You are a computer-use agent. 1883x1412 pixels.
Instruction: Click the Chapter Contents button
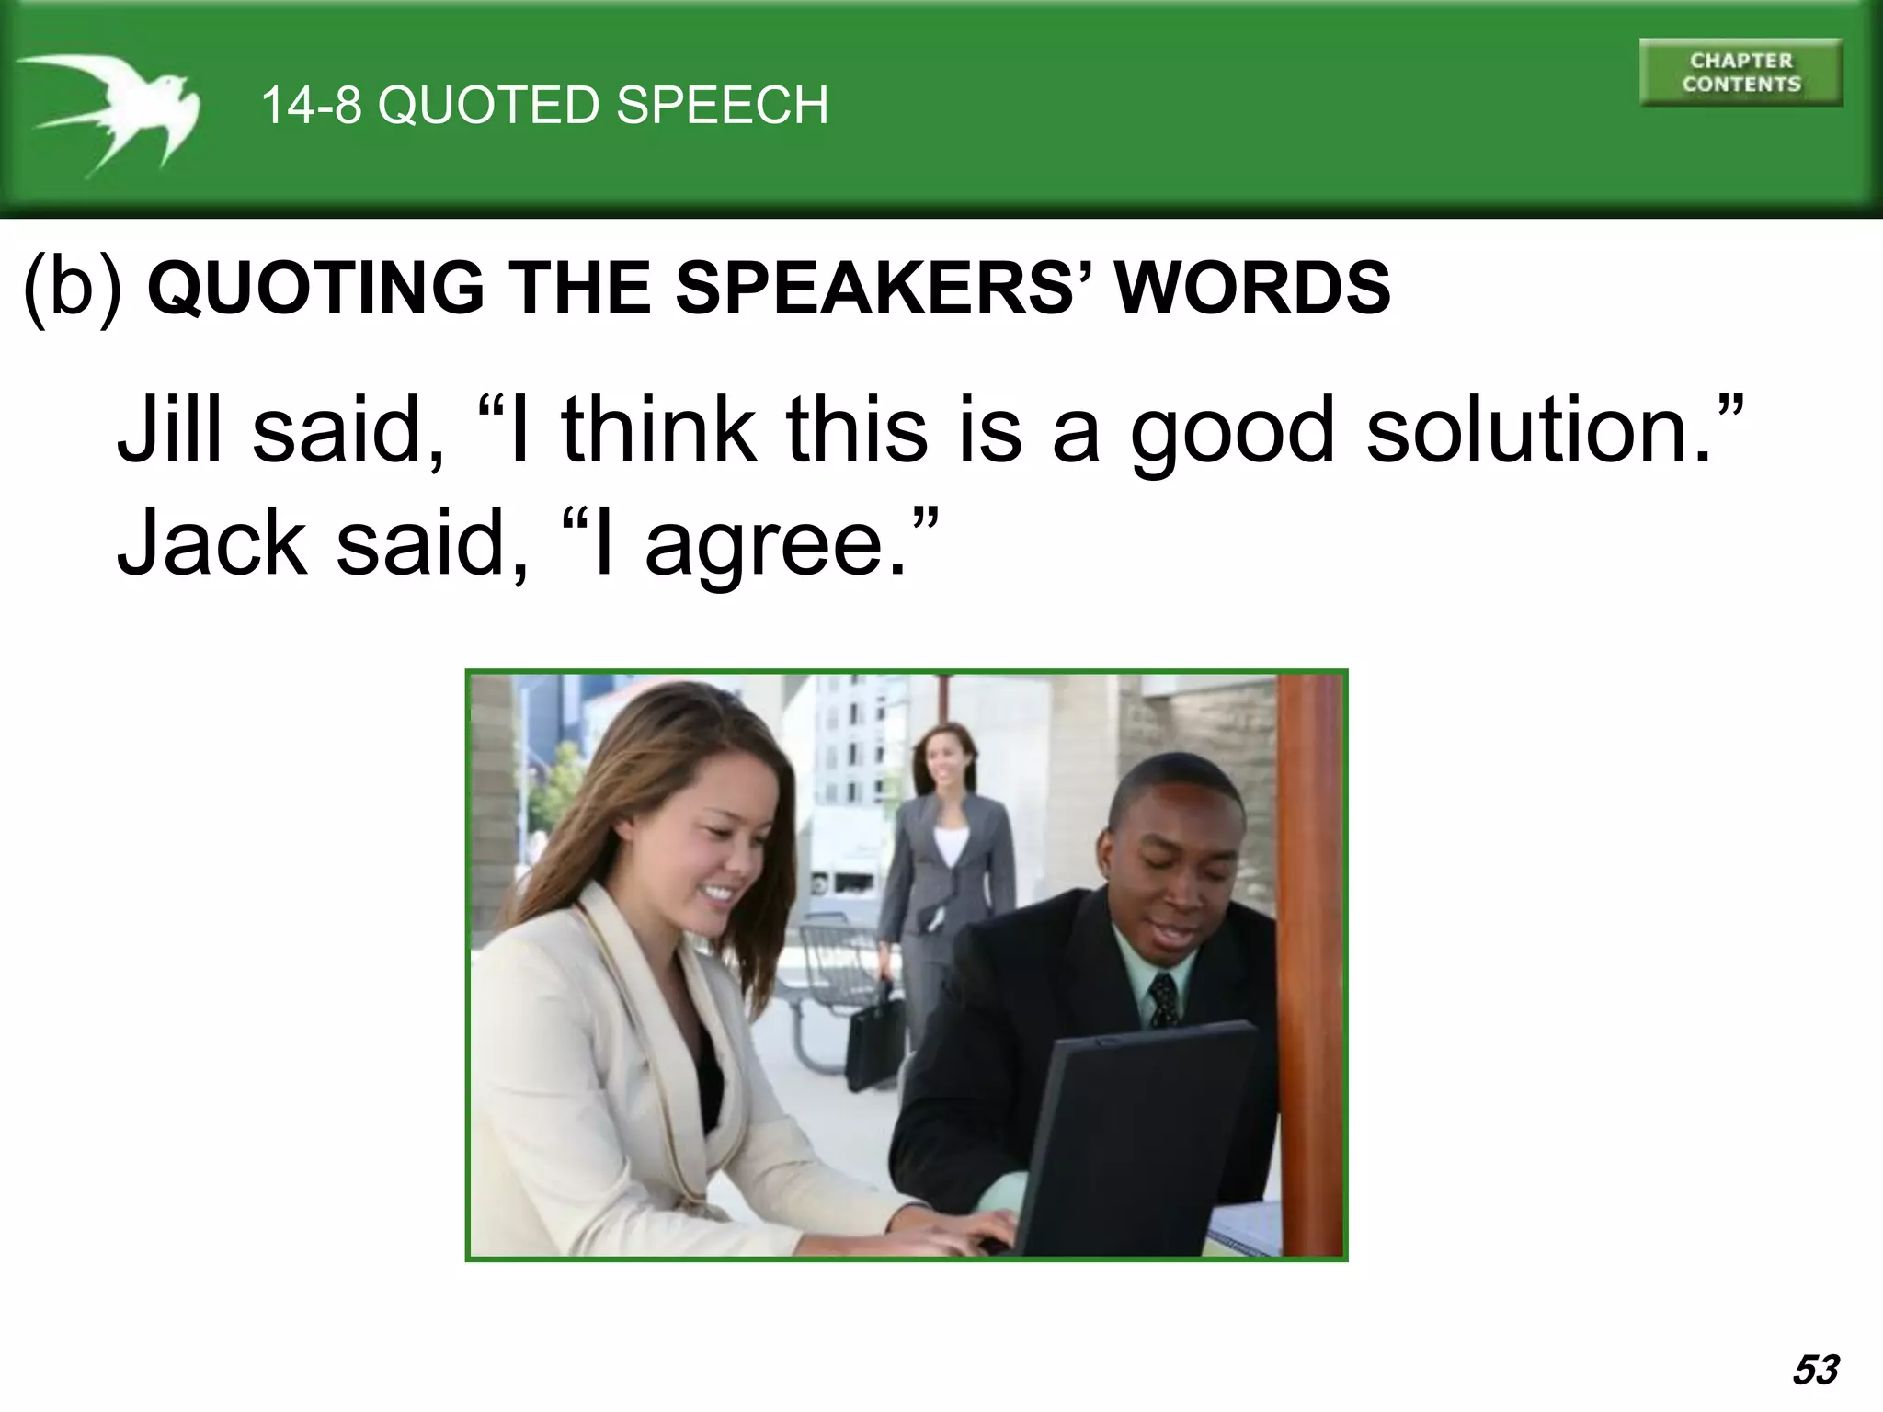point(1740,73)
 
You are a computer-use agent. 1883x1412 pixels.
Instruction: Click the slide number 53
point(1815,1369)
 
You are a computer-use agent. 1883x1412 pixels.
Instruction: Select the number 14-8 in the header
point(311,105)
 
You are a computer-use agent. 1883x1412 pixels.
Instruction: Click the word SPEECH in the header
point(722,105)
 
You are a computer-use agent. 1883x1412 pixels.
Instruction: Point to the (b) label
point(72,287)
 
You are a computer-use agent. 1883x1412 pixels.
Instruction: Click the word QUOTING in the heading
point(315,288)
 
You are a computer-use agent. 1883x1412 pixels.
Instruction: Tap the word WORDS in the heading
point(1252,288)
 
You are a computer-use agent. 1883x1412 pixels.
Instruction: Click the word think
point(659,429)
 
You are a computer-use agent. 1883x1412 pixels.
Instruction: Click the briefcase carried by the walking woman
point(873,1039)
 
